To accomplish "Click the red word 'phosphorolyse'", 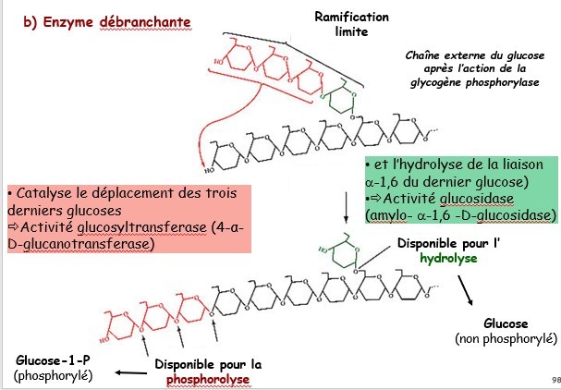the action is [208, 379].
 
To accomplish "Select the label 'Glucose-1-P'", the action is [47, 359].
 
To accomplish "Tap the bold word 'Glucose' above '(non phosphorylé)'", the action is [506, 324].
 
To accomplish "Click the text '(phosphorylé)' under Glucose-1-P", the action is [47, 374].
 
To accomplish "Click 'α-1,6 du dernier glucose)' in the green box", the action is [447, 180].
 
